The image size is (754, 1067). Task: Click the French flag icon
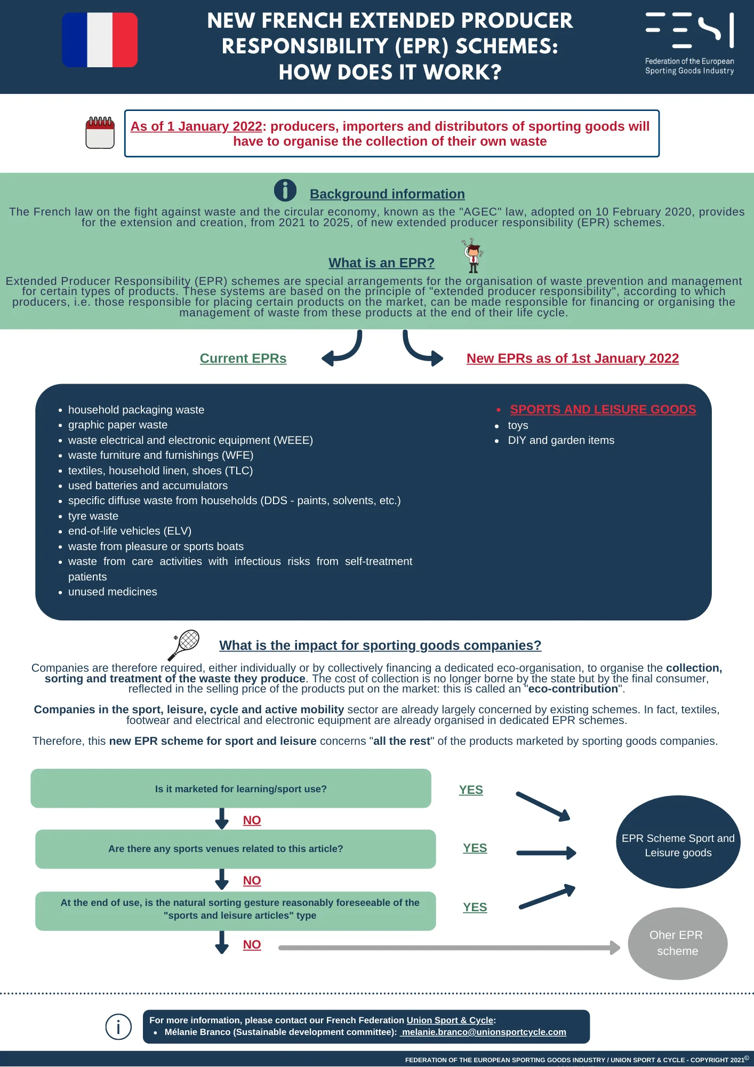(x=100, y=40)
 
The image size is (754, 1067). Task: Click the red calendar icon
(x=100, y=132)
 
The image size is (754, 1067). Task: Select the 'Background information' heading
(x=387, y=194)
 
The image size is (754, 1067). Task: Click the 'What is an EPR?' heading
(x=381, y=262)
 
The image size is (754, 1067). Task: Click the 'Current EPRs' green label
(x=243, y=359)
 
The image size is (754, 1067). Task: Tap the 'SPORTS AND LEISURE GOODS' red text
(x=603, y=409)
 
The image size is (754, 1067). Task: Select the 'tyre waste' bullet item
(x=93, y=516)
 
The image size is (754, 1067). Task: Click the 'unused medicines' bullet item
(x=113, y=592)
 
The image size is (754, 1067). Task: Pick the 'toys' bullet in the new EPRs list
(x=518, y=425)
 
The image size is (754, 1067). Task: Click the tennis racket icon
(x=183, y=645)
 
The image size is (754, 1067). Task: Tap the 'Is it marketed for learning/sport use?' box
(x=231, y=789)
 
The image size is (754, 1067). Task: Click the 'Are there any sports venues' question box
(x=236, y=849)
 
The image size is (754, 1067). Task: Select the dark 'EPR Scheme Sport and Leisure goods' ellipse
(x=678, y=842)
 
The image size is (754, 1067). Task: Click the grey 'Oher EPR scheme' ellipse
(x=678, y=943)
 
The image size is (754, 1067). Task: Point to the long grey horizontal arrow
(x=450, y=947)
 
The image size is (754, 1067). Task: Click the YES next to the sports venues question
(x=475, y=848)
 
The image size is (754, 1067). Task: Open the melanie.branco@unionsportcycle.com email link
(x=483, y=1032)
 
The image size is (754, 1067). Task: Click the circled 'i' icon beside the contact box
(x=118, y=1026)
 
